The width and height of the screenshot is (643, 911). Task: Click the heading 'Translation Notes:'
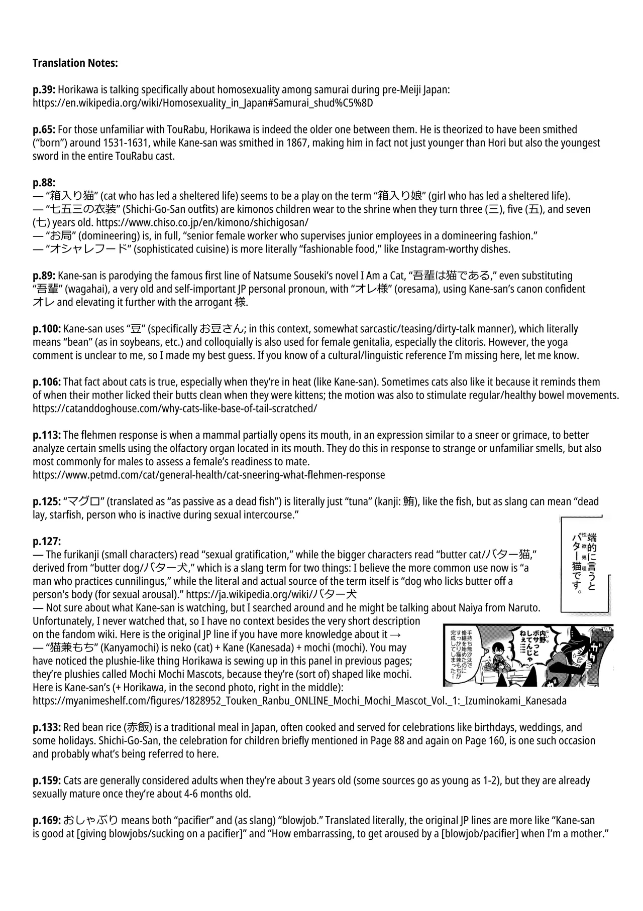pos(75,63)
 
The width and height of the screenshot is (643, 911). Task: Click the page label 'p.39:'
pos(44,90)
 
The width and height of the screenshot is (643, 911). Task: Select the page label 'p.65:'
pos(44,129)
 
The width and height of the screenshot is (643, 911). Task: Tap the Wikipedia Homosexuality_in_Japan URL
pos(202,103)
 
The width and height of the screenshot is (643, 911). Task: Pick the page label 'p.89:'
pos(44,276)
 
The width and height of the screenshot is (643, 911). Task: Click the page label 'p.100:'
pos(47,329)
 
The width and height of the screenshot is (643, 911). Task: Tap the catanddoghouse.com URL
pos(175,409)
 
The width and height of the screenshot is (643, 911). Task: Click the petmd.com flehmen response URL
pos(208,475)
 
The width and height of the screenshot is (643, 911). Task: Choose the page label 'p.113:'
pos(47,435)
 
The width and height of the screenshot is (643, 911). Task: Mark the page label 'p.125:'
pos(47,501)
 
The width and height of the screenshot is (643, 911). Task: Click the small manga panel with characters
pos(528,655)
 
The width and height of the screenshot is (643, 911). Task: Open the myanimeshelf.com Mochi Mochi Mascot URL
pos(299,701)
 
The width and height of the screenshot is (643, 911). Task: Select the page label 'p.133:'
pos(47,727)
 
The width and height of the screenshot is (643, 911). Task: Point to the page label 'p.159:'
pos(47,780)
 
